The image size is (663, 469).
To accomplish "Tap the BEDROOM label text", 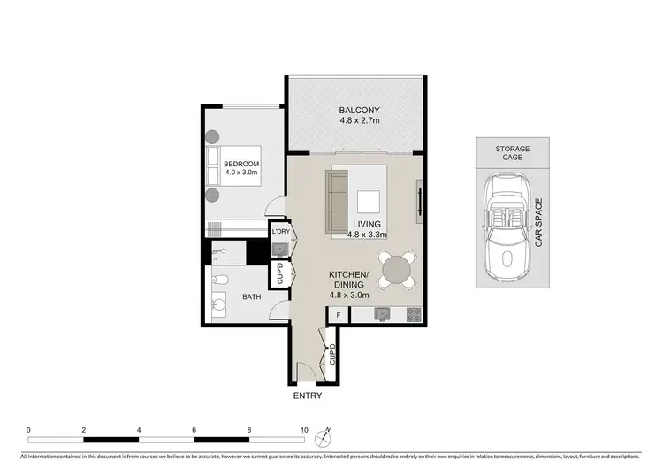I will (240, 165).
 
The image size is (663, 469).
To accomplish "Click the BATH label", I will (252, 298).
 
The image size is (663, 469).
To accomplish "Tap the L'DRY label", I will (281, 232).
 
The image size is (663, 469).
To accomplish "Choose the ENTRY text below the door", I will (308, 396).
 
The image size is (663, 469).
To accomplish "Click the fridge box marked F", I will (337, 314).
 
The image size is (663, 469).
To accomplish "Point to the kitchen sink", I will (382, 313).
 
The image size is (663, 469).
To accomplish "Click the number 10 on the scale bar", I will (304, 429).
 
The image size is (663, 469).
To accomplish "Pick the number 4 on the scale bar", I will (139, 429).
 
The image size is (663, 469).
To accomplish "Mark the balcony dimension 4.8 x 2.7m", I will (359, 125).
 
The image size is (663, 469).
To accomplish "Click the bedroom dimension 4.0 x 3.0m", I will (240, 175).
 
